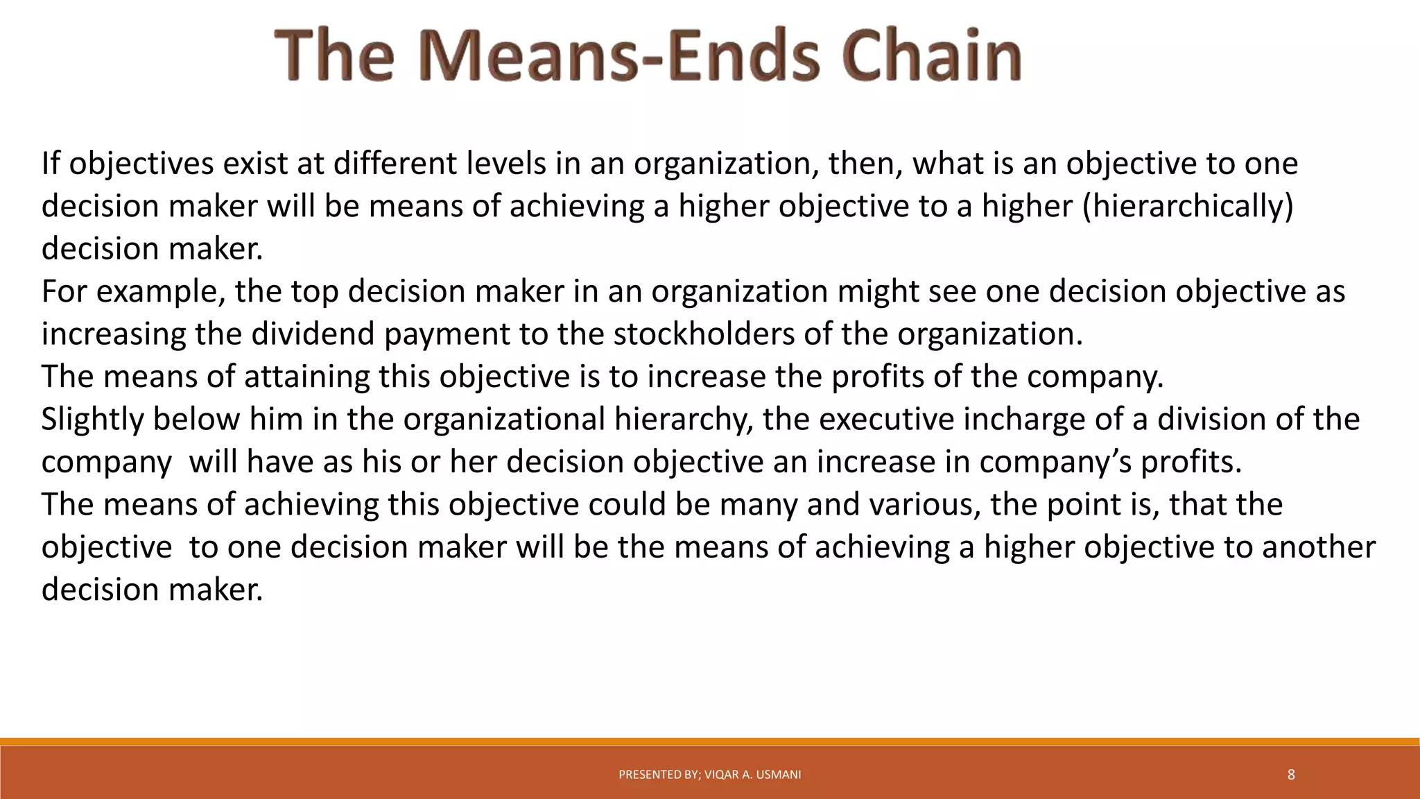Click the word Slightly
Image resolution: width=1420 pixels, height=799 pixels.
click(92, 419)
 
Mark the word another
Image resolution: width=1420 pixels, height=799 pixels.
click(1318, 547)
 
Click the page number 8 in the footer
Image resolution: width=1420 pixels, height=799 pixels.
click(1291, 775)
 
